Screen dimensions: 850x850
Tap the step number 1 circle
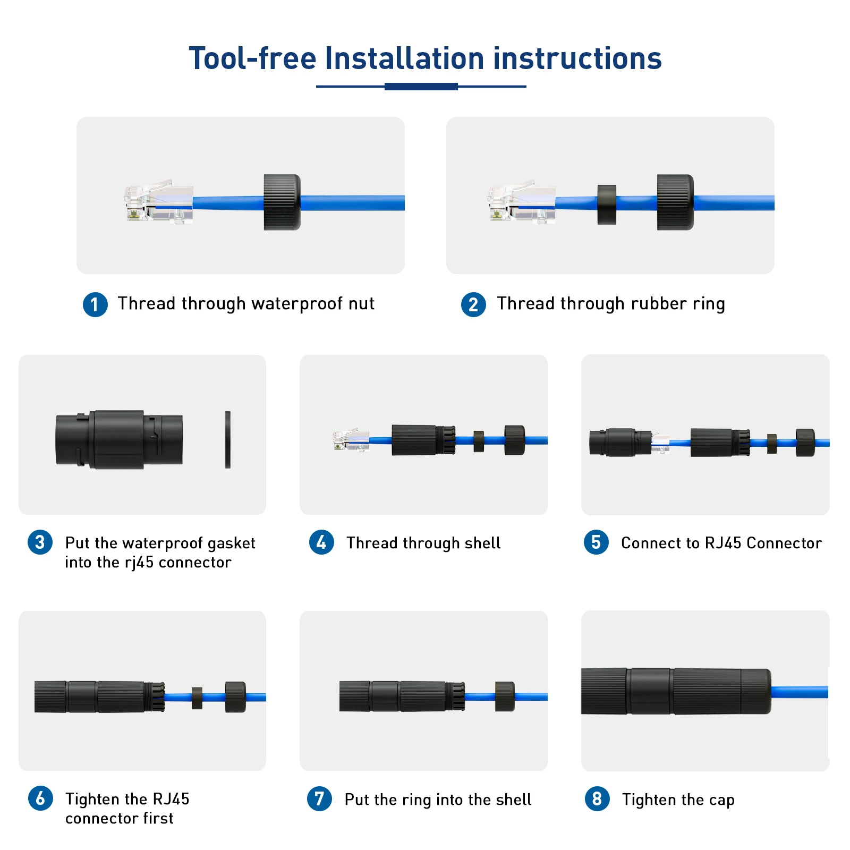point(95,304)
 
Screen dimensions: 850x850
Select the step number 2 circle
point(473,304)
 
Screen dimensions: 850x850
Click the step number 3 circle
point(40,542)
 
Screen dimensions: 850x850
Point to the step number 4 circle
point(321,542)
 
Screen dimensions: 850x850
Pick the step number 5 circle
point(596,542)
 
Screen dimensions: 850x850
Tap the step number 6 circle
point(40,798)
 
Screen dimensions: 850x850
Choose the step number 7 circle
point(319,798)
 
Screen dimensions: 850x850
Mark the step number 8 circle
point(597,798)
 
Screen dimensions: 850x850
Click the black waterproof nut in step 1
point(282,202)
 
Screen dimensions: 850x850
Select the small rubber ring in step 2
point(607,205)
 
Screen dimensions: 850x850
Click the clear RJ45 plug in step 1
point(159,202)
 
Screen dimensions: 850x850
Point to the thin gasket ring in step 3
point(228,439)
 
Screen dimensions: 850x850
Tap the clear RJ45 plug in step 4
point(351,440)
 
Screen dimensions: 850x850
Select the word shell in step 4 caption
point(482,543)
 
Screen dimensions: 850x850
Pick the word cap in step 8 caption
point(721,801)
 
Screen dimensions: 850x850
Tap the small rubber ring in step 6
point(197,698)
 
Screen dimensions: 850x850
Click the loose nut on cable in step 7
point(505,696)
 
